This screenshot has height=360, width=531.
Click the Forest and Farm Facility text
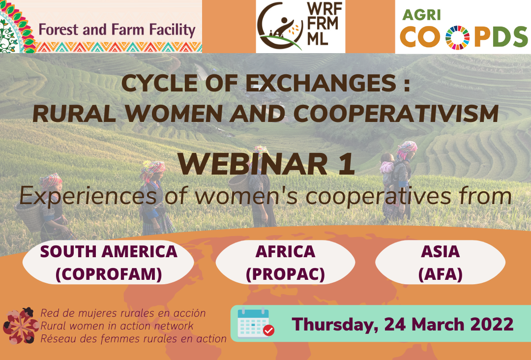[x=117, y=30]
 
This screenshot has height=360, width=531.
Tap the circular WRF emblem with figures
[x=280, y=27]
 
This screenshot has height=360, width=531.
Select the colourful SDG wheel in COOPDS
[x=457, y=37]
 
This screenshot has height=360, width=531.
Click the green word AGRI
[x=422, y=15]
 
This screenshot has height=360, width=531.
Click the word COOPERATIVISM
[x=396, y=114]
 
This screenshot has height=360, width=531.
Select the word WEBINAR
[x=253, y=164]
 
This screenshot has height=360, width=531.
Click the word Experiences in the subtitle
[x=88, y=196]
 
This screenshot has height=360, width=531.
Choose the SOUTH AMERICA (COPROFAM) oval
[x=108, y=263]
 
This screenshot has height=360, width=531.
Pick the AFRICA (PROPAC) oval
[x=285, y=263]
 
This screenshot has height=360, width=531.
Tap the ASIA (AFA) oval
[x=440, y=263]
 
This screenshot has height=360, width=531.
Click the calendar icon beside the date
[x=256, y=323]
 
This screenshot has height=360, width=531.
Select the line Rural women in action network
[x=117, y=326]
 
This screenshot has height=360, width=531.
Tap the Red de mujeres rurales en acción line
[x=123, y=313]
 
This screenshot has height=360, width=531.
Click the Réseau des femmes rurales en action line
[x=133, y=339]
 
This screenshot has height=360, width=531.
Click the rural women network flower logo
[x=21, y=326]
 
